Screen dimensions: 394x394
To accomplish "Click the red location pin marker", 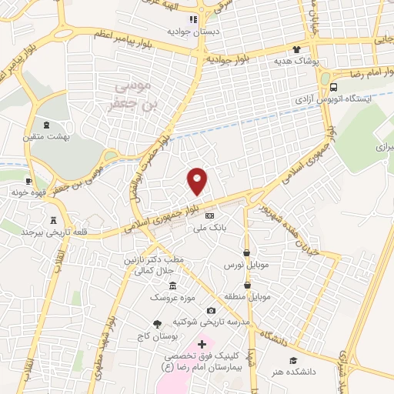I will (198, 181).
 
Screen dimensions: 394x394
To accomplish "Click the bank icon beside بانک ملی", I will (209, 215).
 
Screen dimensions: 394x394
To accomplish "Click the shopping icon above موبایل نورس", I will (246, 252).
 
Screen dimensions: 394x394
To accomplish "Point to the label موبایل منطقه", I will (251, 296).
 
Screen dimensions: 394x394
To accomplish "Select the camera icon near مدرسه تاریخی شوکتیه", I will (211, 310).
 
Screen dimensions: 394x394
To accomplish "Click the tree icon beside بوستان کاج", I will (157, 324).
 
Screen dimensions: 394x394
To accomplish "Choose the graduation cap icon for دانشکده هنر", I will (292, 360).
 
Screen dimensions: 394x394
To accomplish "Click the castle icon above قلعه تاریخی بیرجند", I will (53, 219).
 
